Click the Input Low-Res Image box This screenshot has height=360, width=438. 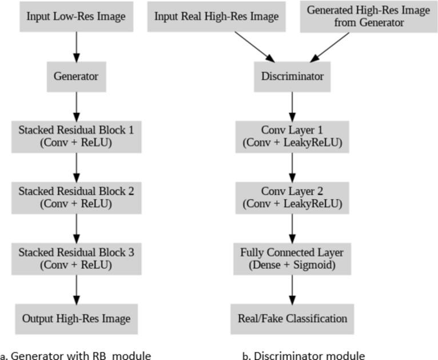point(76,16)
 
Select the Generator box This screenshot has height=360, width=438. point(76,76)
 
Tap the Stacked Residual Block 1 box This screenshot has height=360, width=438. point(76,136)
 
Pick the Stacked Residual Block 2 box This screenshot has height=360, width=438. point(76,197)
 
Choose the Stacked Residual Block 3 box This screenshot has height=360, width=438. point(76,258)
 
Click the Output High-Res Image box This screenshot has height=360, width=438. point(76,318)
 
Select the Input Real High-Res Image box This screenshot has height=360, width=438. point(217,16)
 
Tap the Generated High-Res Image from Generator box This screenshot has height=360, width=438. point(368,16)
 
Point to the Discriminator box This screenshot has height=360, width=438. point(292,76)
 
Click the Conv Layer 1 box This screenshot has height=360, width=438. point(292,136)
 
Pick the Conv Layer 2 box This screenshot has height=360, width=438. point(292,197)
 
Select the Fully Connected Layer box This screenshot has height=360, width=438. point(292,258)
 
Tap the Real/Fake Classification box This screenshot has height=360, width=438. point(292,318)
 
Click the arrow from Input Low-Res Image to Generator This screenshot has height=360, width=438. point(76,46)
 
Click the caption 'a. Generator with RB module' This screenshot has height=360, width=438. point(75,355)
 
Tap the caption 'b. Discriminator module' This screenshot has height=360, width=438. point(304,355)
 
